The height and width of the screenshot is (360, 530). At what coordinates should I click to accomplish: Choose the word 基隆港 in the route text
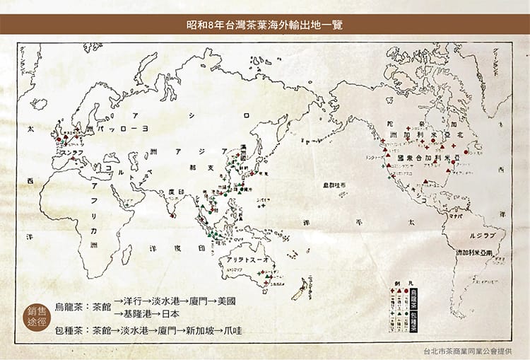point(139,313)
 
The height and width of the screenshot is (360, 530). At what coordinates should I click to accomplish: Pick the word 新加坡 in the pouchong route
point(201,330)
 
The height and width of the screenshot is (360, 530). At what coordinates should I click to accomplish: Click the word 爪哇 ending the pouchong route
point(234,330)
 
